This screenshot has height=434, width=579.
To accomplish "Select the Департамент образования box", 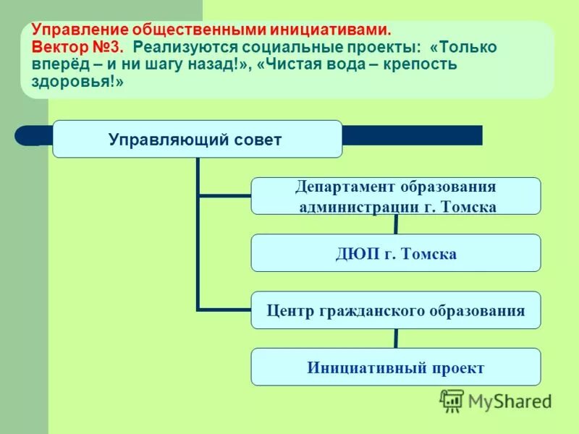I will pyautogui.click(x=395, y=196).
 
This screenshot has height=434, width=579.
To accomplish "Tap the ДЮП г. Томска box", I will pyautogui.click(x=395, y=253).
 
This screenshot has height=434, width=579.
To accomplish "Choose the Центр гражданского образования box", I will pyautogui.click(x=395, y=310).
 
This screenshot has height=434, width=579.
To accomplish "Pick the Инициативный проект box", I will pyautogui.click(x=395, y=367).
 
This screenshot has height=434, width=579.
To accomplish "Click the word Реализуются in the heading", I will pyautogui.click(x=178, y=48).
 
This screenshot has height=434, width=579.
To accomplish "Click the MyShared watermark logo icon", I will pyautogui.click(x=452, y=401).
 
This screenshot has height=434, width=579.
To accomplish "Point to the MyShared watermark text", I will pyautogui.click(x=510, y=401).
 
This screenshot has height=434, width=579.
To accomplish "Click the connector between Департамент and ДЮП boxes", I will pyautogui.click(x=396, y=224).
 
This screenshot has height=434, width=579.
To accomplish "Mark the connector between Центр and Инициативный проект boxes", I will pyautogui.click(x=396, y=338).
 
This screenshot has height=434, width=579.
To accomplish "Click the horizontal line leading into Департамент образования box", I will pyautogui.click(x=224, y=195).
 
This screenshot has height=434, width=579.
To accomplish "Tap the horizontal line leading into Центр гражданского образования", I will pyautogui.click(x=224, y=310).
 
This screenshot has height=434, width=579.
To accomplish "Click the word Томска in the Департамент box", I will pyautogui.click(x=470, y=207).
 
